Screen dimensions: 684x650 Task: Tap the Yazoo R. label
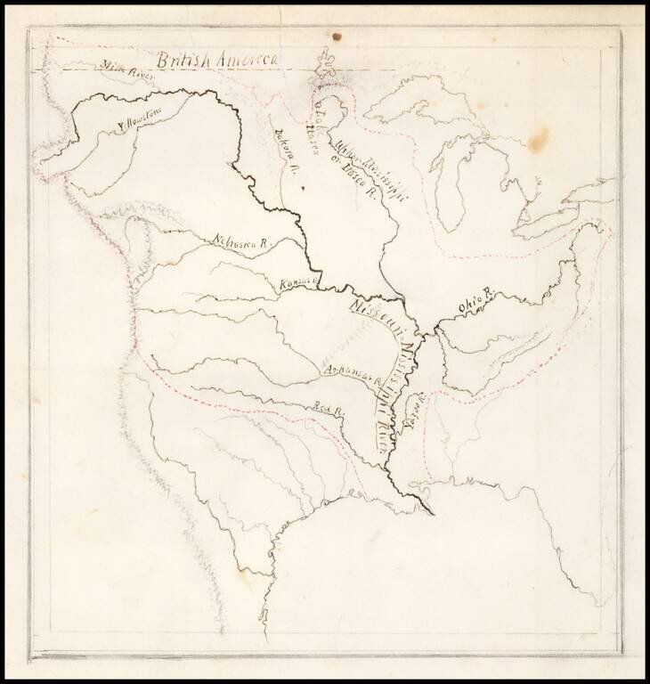click(410, 412)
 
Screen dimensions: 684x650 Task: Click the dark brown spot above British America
click(337, 37)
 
